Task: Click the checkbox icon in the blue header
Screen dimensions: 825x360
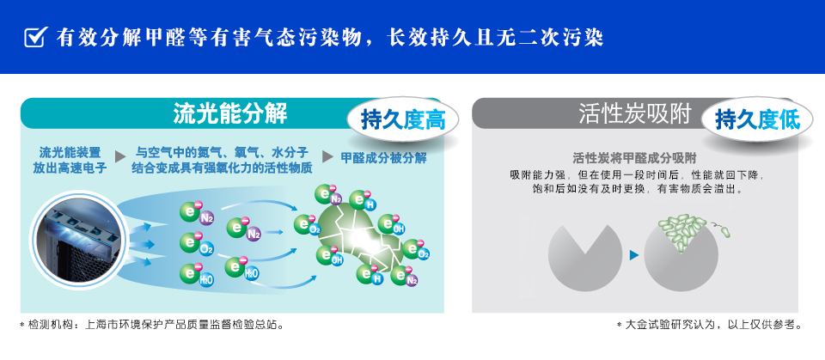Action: [34, 37]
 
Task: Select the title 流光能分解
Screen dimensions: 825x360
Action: [230, 113]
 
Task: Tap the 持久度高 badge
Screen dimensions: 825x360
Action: [403, 120]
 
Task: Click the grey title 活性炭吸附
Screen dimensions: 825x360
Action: [634, 113]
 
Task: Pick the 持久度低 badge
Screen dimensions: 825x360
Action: [757, 120]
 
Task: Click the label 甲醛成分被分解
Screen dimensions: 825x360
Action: [383, 158]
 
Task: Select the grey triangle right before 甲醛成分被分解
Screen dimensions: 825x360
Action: [327, 157]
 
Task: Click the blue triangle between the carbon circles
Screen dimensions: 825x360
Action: [633, 254]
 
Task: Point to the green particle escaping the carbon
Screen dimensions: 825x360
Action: [725, 232]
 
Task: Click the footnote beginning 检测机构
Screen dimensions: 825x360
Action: [153, 325]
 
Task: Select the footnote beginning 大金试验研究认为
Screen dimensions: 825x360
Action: [710, 325]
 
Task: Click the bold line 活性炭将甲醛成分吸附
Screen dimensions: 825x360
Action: [634, 158]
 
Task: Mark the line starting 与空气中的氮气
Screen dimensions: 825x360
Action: [222, 153]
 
